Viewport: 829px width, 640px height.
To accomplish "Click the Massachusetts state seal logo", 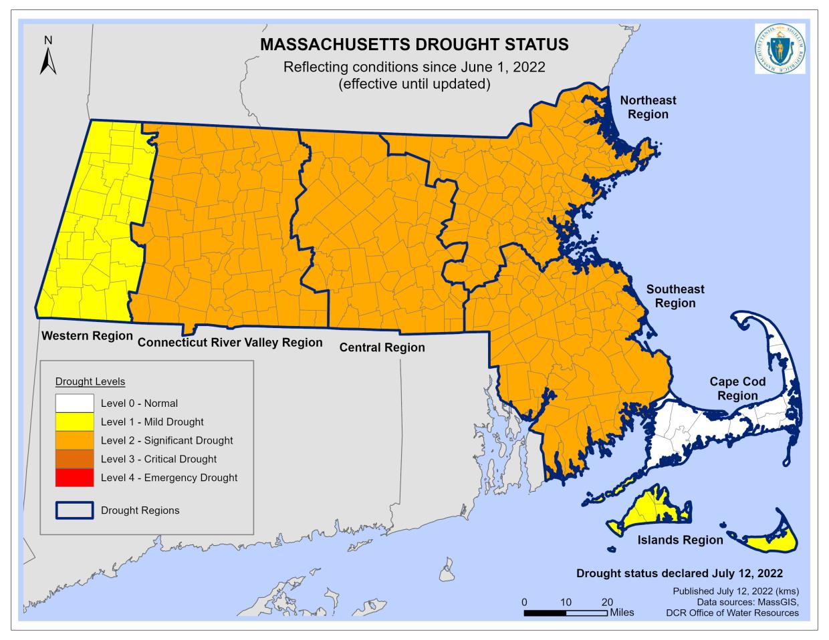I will pyautogui.click(x=780, y=49).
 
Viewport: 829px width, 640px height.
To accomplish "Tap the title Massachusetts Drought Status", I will pyautogui.click(x=414, y=45).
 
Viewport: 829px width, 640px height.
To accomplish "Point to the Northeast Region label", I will pyautogui.click(x=648, y=107).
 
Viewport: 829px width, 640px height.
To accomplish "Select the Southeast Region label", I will pyautogui.click(x=675, y=296).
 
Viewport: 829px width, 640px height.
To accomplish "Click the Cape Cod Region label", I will pyautogui.click(x=737, y=388).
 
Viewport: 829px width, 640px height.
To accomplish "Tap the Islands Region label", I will pyautogui.click(x=680, y=540).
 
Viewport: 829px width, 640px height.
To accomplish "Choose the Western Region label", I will pyautogui.click(x=87, y=335).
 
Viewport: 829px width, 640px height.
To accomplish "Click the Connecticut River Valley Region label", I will pyautogui.click(x=230, y=343).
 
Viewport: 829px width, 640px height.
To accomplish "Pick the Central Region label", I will pyautogui.click(x=382, y=347).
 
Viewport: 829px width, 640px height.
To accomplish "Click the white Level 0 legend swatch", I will pyautogui.click(x=74, y=403).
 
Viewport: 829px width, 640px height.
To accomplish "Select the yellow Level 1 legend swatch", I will pyautogui.click(x=74, y=422).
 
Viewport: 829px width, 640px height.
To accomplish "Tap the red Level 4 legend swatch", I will pyautogui.click(x=74, y=478).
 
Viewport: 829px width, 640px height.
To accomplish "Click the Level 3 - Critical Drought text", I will pyautogui.click(x=158, y=459).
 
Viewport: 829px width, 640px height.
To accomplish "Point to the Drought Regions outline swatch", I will pyautogui.click(x=74, y=510).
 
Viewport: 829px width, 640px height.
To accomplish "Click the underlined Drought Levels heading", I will pyautogui.click(x=90, y=381).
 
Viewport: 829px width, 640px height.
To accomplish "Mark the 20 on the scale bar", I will pyautogui.click(x=607, y=601).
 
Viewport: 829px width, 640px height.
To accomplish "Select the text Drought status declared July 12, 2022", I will pyautogui.click(x=679, y=573).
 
